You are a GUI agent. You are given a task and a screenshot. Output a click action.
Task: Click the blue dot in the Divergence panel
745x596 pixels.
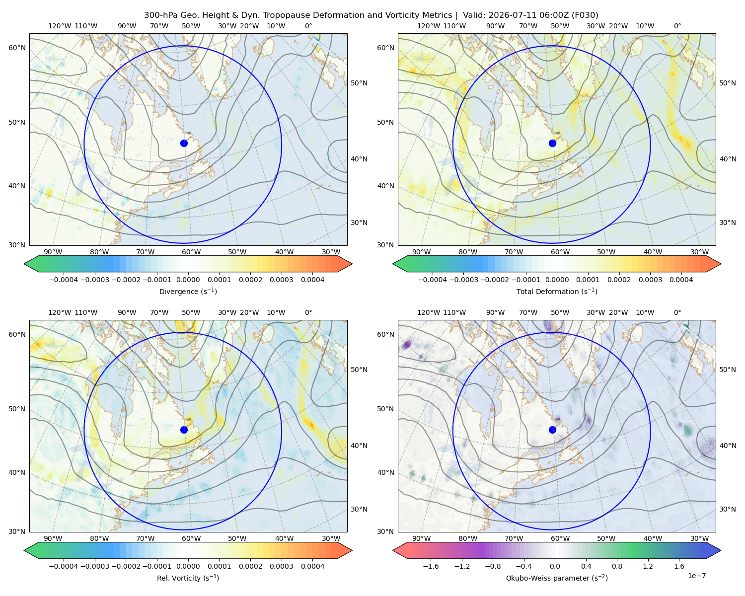[184, 143]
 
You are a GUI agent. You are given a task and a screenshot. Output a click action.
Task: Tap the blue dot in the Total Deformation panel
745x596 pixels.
[552, 143]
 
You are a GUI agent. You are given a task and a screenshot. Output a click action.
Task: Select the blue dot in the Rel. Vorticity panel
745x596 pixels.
[184, 430]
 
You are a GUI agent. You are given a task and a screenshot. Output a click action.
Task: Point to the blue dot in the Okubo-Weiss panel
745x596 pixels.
[552, 430]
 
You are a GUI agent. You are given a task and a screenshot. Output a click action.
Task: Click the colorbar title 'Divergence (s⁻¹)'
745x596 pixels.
[188, 291]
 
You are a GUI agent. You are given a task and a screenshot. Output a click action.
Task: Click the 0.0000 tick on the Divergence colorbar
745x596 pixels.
[188, 280]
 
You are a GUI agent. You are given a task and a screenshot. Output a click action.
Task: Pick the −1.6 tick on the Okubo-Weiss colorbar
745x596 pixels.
[431, 566]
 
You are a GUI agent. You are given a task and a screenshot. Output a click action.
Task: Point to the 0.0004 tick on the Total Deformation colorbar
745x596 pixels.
[681, 280]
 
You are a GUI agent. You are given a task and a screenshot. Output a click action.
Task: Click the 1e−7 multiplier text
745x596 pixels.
[696, 576]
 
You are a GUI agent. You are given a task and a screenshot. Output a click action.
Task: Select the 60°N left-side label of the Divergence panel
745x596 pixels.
[17, 48]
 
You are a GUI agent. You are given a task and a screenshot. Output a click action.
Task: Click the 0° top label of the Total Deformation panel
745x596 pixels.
[677, 26]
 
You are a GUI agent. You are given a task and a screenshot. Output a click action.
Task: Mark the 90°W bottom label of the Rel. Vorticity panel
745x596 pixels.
[53, 538]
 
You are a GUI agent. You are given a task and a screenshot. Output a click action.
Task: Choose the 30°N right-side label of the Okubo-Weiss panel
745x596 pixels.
[728, 509]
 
